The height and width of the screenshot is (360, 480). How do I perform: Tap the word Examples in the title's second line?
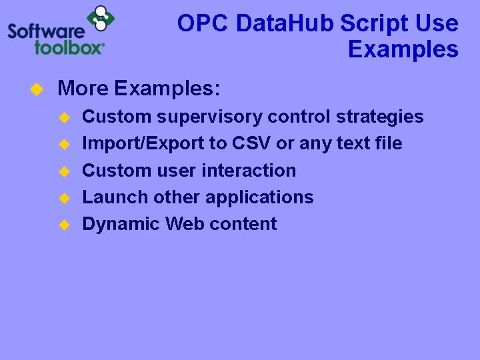tap(403, 50)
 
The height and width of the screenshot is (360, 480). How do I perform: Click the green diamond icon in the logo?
tap(101, 19)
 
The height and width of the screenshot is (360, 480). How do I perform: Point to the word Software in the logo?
tap(46, 31)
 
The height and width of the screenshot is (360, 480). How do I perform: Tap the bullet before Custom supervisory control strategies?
tap(64, 117)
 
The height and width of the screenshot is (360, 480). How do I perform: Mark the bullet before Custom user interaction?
tap(64, 171)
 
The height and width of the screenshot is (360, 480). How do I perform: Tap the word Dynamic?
tap(121, 224)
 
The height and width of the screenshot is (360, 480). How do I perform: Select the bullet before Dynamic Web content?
tap(64, 225)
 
